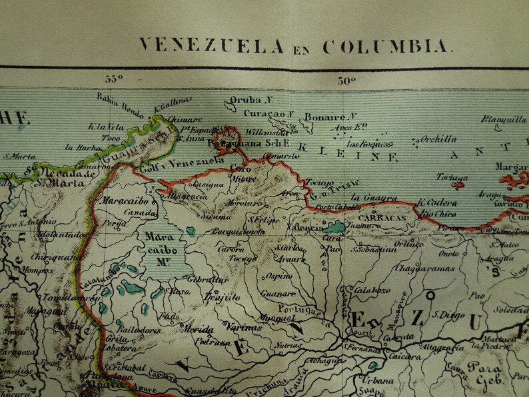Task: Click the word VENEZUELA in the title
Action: [x=211, y=46]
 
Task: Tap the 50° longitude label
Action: [x=346, y=81]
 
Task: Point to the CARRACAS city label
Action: [x=381, y=218]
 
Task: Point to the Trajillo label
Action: [x=222, y=297]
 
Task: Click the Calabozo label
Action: [x=372, y=290]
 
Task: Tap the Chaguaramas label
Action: [x=424, y=268]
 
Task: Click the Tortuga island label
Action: [x=452, y=177]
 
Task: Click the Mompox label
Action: [x=37, y=271]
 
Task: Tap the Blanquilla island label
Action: [x=503, y=119]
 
